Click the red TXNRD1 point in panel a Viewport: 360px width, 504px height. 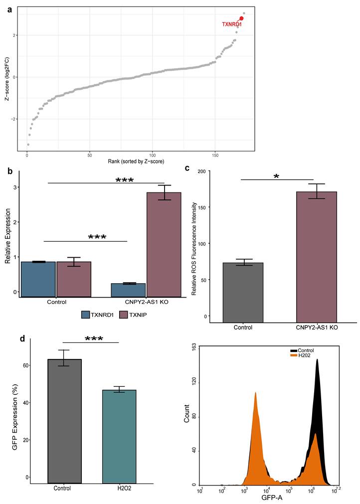tap(241, 18)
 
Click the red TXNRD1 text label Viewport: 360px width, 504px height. tap(232, 24)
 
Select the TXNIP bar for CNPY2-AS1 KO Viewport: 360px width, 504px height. tap(164, 245)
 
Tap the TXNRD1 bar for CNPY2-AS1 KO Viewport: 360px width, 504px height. tap(128, 290)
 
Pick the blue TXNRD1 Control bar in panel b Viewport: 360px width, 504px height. tap(38, 279)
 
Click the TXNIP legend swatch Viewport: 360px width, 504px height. tap(124, 315)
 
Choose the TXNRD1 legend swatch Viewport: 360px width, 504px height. tap(85, 315)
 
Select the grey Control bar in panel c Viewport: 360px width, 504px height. tap(243, 293)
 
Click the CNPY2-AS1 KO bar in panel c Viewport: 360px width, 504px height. tap(317, 257)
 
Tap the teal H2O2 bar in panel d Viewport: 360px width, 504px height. tap(119, 437)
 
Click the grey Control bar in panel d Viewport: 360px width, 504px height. tap(64, 421)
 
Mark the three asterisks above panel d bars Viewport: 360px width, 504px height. tap(94, 339)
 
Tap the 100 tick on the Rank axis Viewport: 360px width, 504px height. tap(153, 155)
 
